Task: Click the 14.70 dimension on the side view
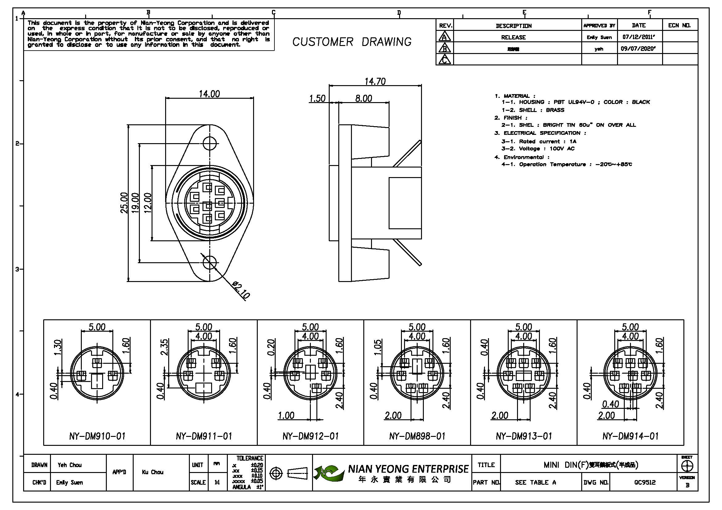point(375,82)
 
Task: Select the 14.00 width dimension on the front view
point(209,94)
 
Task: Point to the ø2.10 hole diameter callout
point(241,290)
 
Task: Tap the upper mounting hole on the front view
point(210,143)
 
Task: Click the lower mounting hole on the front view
point(210,262)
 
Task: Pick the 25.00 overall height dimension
point(124,203)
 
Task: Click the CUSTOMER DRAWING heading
point(352,42)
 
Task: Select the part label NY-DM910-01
point(97,436)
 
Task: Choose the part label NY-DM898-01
point(417,436)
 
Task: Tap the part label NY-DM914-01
point(630,436)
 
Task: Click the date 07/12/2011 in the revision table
point(639,37)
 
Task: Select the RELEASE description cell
point(513,37)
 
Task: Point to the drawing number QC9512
point(645,482)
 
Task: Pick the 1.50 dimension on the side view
point(317,99)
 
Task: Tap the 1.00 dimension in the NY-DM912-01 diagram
point(286,415)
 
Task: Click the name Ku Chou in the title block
point(152,472)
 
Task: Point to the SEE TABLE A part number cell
point(535,482)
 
